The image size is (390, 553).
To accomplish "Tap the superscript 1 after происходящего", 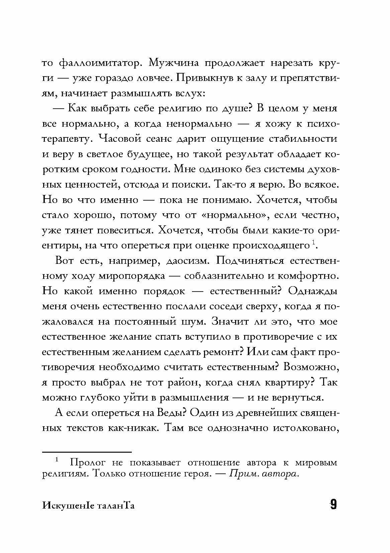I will coord(313,242).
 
